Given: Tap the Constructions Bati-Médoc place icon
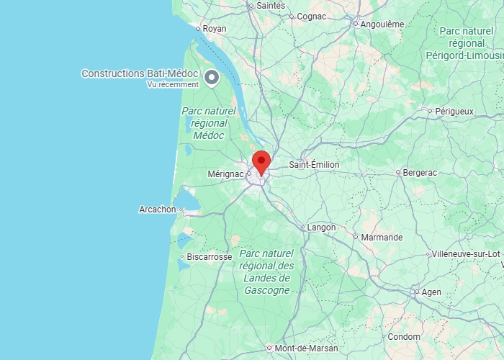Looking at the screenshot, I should coord(212,77).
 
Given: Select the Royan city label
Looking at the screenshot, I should coord(215,29).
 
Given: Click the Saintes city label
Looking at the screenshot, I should coord(271,5).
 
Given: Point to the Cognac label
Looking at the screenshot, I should coord(311,16).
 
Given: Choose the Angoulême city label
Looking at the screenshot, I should coord(382,24).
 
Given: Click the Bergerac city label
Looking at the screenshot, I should coord(420,173).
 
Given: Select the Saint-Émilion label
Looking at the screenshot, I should coord(314,165).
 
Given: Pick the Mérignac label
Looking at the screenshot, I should coord(226,174).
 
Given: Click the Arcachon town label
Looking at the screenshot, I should coord(157,210).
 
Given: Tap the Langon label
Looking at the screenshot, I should coord(321,228).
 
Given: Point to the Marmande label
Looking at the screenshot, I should coord(382,237).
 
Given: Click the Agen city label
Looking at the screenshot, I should coord(431,292).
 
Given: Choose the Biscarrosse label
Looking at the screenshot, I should coord(209,256).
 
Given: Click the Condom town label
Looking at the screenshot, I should coord(403,337).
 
